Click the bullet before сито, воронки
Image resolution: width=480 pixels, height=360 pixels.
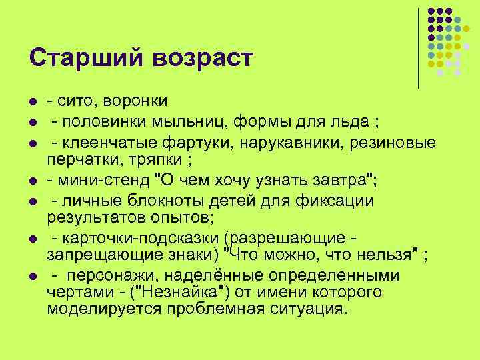click(x=31, y=101)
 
